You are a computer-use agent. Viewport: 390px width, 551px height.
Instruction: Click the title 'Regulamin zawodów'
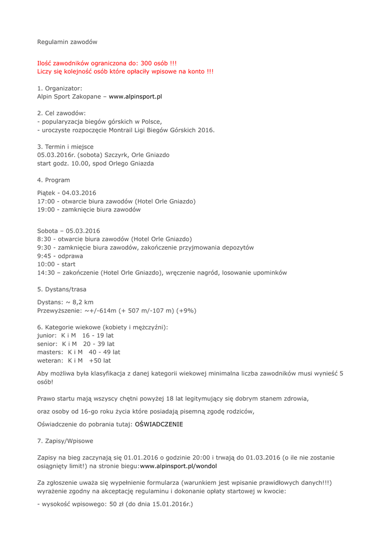(67, 41)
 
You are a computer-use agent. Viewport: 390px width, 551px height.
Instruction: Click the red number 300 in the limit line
(147, 63)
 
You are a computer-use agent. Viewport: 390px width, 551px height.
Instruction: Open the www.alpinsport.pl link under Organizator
(135, 96)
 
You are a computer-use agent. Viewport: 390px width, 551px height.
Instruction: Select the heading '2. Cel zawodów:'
(61, 113)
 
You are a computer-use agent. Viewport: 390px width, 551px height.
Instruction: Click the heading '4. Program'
(53, 180)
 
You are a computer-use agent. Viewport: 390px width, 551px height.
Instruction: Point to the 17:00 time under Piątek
(45, 201)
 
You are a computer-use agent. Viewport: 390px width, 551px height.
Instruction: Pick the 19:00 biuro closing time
(45, 209)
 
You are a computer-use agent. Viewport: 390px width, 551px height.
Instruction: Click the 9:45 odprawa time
(44, 256)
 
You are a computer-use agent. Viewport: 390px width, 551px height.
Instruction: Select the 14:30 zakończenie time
(45, 272)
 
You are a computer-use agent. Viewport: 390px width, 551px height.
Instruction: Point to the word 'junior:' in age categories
(47, 335)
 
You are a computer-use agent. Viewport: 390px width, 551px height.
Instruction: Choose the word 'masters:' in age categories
(50, 352)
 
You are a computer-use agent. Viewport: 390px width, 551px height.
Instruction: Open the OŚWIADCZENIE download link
(158, 424)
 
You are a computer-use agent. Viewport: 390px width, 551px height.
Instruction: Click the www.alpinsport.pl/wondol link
(178, 466)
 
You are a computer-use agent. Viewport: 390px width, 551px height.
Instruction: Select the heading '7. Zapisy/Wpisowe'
(65, 441)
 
